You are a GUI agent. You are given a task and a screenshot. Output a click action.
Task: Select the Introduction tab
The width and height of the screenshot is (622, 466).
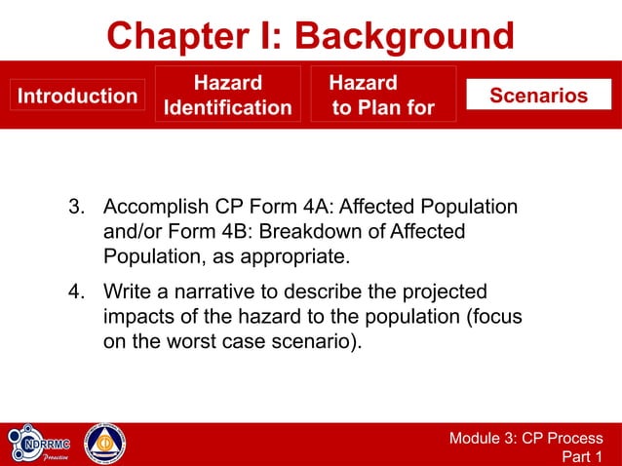tap(78, 96)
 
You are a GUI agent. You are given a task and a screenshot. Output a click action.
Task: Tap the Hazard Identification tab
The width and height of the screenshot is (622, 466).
tap(227, 95)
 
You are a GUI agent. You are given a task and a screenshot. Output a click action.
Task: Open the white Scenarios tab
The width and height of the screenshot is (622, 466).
tap(538, 95)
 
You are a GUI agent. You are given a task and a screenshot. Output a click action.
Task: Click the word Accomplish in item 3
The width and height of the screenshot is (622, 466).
tap(153, 208)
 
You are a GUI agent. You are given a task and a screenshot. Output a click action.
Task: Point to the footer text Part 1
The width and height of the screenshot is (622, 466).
tap(583, 456)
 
